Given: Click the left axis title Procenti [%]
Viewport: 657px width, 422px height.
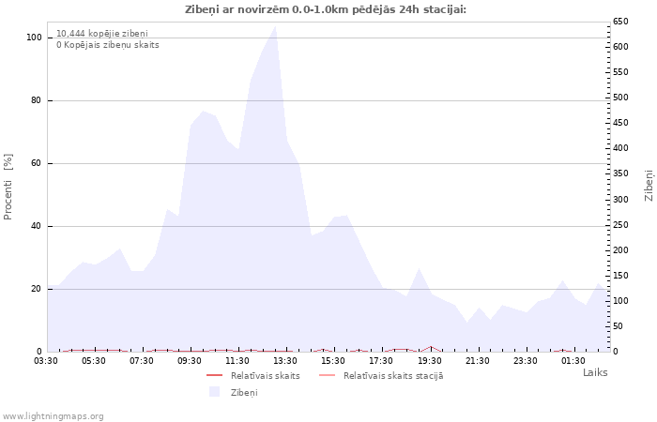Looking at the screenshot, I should click(8, 187).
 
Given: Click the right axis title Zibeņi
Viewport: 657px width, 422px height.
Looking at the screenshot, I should click(648, 185).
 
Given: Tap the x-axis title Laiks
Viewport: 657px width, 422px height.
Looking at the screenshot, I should click(595, 372).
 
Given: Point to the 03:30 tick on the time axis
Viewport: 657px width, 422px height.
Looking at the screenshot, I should click(46, 360).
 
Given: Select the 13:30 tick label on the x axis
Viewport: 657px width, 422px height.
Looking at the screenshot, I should click(285, 360).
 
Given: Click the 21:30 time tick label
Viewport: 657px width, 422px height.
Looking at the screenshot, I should click(478, 360).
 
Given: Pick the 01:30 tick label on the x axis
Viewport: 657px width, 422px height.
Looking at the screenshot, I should click(573, 360).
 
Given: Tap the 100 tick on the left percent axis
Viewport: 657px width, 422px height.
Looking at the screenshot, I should click(35, 38).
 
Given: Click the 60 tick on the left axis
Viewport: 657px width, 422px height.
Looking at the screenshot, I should click(37, 163).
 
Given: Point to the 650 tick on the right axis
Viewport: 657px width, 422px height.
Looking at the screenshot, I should click(620, 21).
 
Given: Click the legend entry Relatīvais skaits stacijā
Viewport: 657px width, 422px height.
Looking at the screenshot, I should click(392, 376).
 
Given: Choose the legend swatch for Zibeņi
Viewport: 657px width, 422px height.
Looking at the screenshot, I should click(214, 392).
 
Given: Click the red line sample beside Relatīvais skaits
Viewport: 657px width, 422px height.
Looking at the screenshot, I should click(214, 376).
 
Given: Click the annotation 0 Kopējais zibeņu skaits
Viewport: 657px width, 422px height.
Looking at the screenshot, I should click(107, 45).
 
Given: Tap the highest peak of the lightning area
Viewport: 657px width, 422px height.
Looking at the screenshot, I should click(275, 26).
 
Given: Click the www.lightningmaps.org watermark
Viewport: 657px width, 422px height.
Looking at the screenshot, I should click(53, 415).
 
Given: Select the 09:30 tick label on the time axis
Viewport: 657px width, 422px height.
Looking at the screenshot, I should click(190, 360).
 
